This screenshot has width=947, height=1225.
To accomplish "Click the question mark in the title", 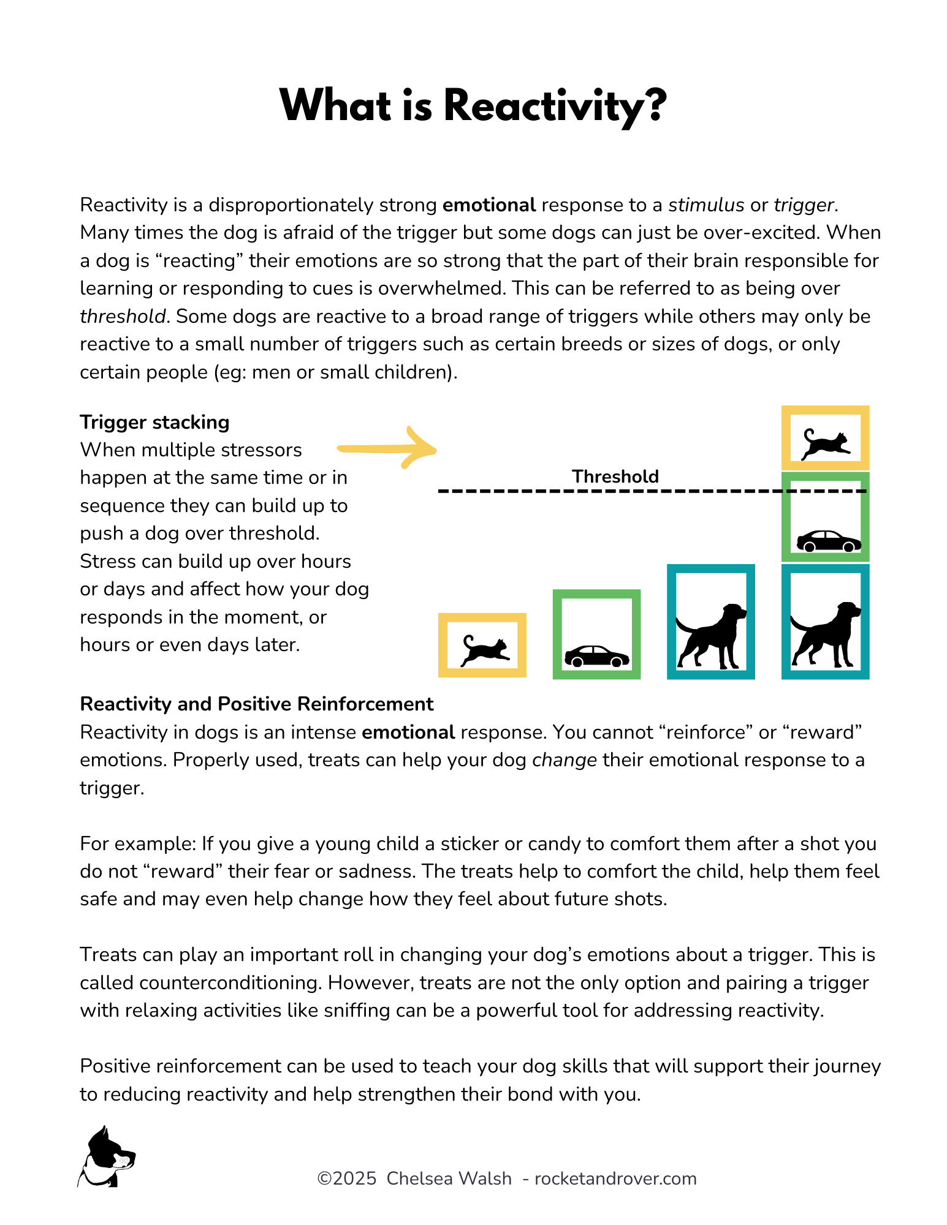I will tap(655, 105).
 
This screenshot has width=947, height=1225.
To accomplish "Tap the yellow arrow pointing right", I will tap(387, 449).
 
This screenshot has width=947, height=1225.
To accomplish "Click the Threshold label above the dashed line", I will tap(615, 477).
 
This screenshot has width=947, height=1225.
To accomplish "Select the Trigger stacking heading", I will tap(154, 422).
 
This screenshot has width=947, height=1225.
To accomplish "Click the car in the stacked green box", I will tap(828, 541).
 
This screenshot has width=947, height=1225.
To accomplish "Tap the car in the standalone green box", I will tap(596, 657).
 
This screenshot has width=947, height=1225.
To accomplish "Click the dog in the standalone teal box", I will tap(711, 636).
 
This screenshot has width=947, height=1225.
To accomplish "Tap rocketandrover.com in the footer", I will tap(615, 1178).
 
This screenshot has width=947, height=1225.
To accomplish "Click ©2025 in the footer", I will tap(347, 1178).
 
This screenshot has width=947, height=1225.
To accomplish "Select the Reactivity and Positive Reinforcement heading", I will tap(256, 704).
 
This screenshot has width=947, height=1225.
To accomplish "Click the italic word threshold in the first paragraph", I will tap(123, 316).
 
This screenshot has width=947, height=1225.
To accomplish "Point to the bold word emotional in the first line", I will tap(489, 205).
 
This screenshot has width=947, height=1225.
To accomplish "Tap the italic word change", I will tap(565, 759).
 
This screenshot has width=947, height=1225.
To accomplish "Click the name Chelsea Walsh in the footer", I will tap(449, 1178).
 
